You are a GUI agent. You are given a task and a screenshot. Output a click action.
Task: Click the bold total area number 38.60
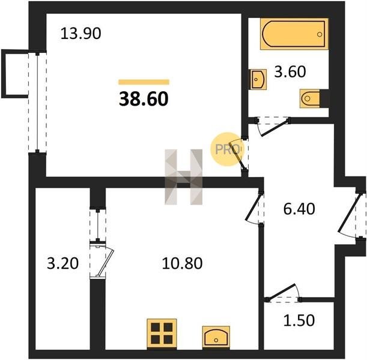(144, 98)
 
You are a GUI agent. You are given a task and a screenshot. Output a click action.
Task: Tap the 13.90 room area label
(80, 33)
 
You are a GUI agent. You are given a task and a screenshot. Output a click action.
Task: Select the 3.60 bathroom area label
(290, 71)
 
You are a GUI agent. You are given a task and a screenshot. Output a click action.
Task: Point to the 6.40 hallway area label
(299, 209)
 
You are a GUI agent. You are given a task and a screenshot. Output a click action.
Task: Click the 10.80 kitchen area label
(182, 263)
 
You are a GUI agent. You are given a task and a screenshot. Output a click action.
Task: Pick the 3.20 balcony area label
(62, 263)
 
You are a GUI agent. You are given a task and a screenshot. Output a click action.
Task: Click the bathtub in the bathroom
(294, 34)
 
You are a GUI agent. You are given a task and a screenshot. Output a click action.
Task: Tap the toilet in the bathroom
(310, 98)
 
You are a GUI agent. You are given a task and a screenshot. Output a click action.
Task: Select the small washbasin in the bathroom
(258, 79)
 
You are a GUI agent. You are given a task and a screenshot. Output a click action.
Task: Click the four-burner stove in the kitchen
(162, 334)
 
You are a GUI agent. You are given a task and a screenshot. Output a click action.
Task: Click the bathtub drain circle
(320, 34)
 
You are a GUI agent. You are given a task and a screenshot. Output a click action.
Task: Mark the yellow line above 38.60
(144, 82)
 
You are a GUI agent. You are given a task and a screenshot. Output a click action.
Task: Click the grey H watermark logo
(184, 177)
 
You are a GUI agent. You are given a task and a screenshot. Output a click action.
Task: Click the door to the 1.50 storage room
(283, 293)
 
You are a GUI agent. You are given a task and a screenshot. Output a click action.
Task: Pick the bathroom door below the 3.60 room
(273, 127)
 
